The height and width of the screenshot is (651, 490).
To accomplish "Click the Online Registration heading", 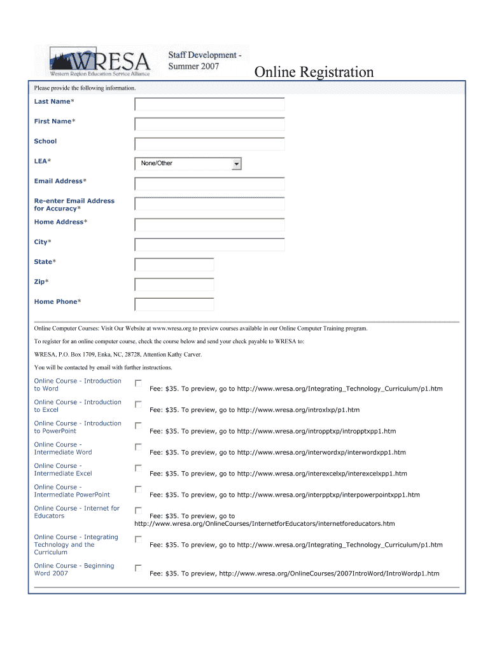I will tap(314, 72).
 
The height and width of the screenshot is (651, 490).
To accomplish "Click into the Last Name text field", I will tap(209, 104).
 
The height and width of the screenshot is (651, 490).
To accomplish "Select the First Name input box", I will tap(209, 124).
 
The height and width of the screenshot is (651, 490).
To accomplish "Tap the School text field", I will tap(209, 144).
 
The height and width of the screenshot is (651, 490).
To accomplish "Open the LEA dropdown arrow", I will tap(237, 164).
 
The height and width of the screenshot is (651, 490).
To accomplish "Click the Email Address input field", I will tap(209, 184).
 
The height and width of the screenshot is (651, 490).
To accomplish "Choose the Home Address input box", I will tap(209, 225).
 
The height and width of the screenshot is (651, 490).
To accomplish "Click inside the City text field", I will tap(209, 245).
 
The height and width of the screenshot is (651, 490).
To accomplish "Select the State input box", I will tap(174, 264).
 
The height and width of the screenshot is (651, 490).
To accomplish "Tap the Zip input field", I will tap(174, 284).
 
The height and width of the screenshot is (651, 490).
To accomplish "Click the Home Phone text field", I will tap(174, 305).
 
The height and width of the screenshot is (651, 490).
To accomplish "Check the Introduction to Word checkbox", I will tap(138, 383).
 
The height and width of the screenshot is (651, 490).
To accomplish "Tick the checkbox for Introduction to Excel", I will tap(138, 404).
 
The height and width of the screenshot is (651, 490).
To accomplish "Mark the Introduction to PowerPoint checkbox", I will tap(138, 425).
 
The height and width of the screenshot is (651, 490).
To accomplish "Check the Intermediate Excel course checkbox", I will tap(138, 468).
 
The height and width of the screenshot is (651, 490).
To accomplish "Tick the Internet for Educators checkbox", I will tap(138, 511).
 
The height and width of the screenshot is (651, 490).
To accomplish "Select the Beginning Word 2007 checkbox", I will tap(138, 568).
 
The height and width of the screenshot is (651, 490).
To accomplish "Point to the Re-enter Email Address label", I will tap(74, 205).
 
